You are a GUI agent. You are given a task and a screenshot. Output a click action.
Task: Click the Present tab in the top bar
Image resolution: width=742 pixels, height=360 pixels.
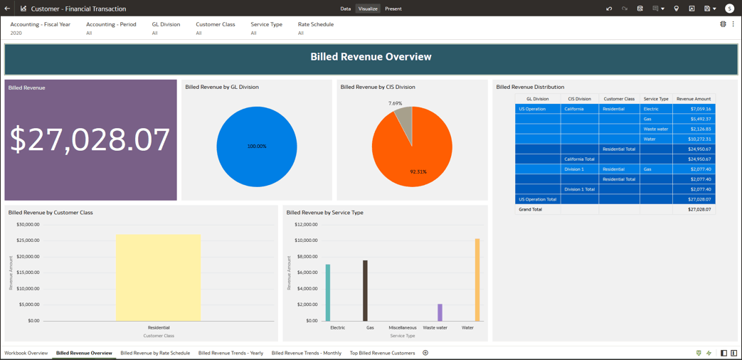point(393,9)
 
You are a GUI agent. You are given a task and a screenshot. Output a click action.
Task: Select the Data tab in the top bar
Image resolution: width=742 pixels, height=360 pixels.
point(346,9)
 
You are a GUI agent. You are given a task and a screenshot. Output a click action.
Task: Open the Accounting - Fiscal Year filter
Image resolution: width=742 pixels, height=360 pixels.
point(40,24)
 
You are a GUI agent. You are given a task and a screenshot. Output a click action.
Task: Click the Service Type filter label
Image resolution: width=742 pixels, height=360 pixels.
point(266,24)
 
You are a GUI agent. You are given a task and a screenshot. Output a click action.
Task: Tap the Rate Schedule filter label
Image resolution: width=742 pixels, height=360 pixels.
point(316,24)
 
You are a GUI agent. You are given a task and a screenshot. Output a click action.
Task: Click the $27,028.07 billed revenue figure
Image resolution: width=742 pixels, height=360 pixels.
point(90,140)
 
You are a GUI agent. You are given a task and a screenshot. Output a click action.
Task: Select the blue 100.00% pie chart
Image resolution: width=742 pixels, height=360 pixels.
point(257,147)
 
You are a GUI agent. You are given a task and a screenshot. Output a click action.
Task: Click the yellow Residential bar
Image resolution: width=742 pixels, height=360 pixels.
point(159,277)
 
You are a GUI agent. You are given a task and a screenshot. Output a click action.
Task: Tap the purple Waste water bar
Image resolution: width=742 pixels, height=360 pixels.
point(440,312)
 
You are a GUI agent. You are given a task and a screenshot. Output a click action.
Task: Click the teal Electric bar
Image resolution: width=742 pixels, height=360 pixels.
point(328,292)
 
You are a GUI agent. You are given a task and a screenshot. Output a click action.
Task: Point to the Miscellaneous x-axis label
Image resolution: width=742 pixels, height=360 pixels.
point(403,328)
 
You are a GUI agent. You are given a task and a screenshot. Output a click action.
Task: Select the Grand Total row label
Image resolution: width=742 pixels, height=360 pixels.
point(531,209)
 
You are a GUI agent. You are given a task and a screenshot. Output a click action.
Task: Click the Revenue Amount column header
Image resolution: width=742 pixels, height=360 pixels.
point(694,99)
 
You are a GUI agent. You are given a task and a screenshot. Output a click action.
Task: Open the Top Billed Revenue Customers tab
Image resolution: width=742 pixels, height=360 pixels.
point(382,353)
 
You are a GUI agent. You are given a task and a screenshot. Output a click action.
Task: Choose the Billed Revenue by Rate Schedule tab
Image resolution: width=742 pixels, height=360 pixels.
point(155,353)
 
